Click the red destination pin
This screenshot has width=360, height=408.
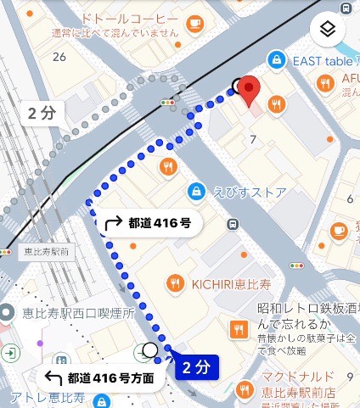pos(248,89)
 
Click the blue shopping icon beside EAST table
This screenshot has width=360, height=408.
pos(275,59)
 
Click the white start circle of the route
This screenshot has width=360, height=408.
pos(150,349)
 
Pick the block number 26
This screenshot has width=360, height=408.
pos(59,57)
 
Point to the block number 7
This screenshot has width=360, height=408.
pos(253,138)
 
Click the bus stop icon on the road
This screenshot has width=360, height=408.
pos(232,224)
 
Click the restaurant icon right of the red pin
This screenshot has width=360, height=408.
pos(276,103)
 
